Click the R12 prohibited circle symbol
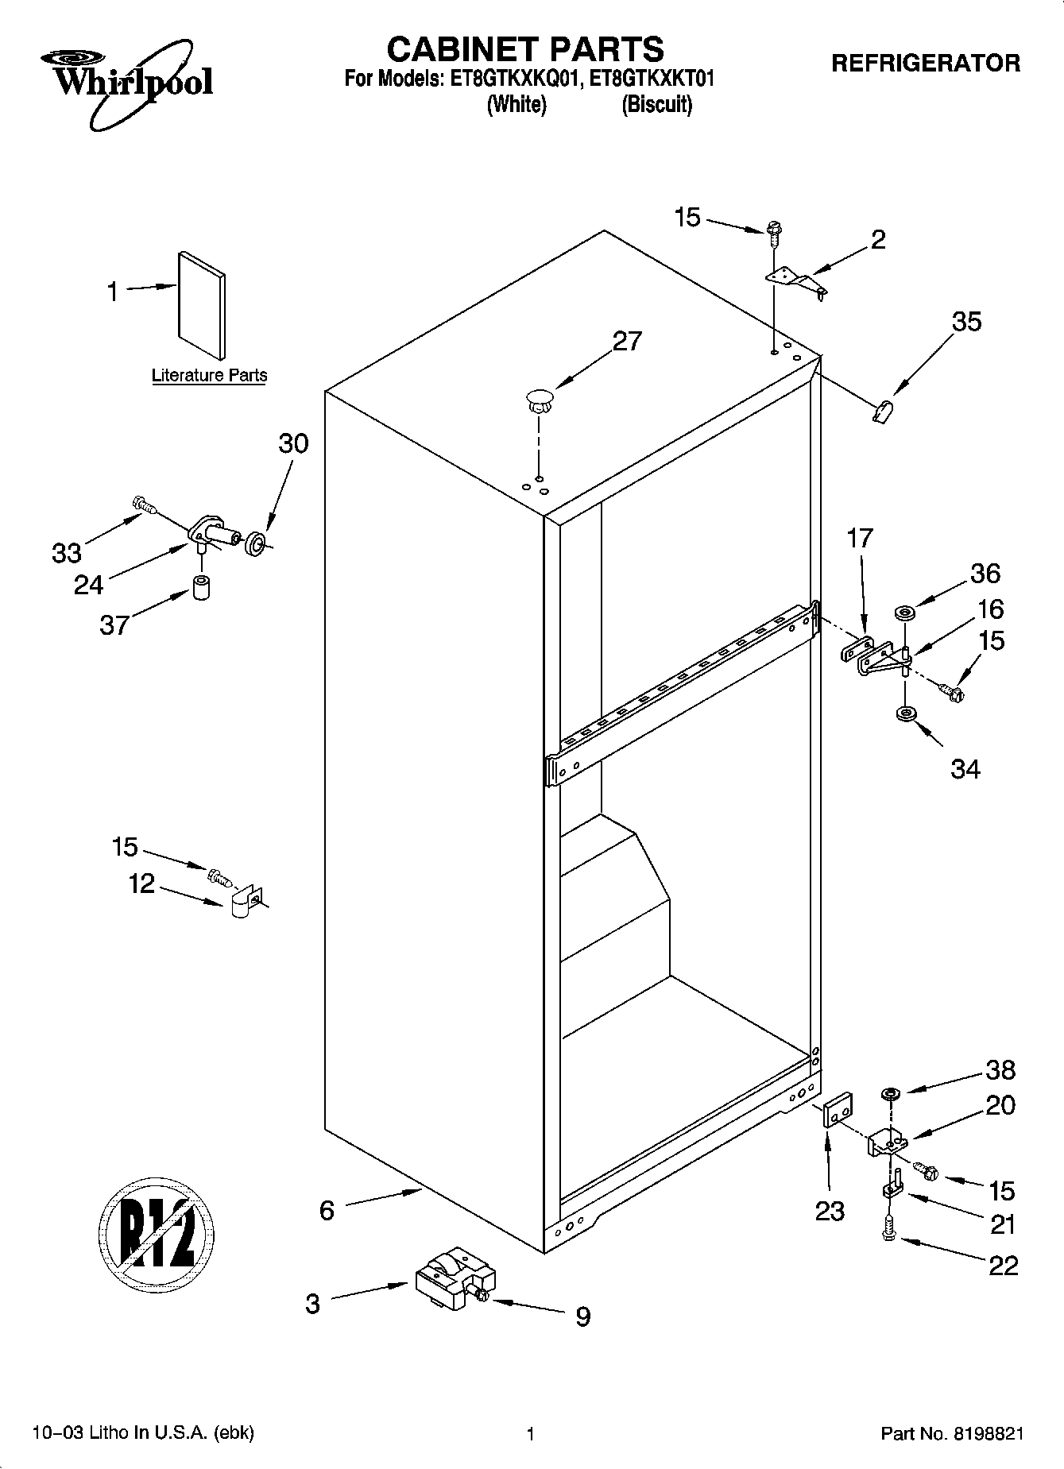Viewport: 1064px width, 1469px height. pyautogui.click(x=157, y=1233)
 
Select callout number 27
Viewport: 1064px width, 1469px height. pyautogui.click(x=626, y=341)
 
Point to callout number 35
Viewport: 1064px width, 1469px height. pyautogui.click(x=966, y=322)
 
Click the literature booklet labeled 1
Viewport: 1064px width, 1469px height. pyautogui.click(x=201, y=306)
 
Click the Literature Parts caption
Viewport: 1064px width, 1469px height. pyautogui.click(x=209, y=376)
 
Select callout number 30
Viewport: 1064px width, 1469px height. pyautogui.click(x=293, y=443)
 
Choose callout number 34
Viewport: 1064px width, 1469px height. pyautogui.click(x=965, y=769)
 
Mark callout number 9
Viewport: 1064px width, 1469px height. pyautogui.click(x=582, y=1316)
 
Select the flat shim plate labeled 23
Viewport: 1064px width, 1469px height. pyautogui.click(x=837, y=1108)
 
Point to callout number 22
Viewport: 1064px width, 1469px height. pyautogui.click(x=1003, y=1265)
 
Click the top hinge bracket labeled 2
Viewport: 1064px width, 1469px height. pyautogui.click(x=795, y=280)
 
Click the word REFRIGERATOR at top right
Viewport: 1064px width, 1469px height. pyautogui.click(x=926, y=64)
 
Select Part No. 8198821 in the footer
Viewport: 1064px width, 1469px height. pyautogui.click(x=951, y=1434)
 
